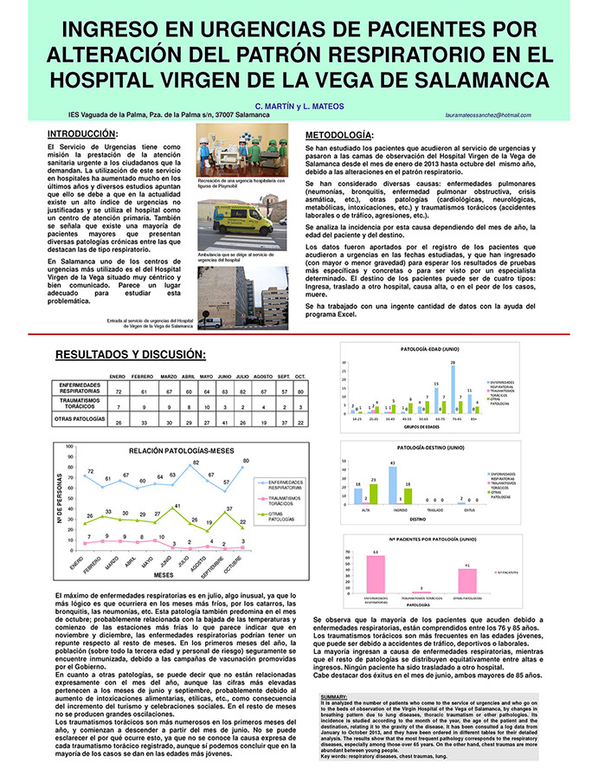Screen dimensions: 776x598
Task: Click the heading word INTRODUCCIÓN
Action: coord(81,134)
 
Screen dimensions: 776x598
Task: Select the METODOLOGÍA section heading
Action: coord(340,135)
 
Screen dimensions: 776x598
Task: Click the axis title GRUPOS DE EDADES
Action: coord(421,429)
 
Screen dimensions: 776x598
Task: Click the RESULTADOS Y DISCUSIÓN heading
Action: coord(130,355)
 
